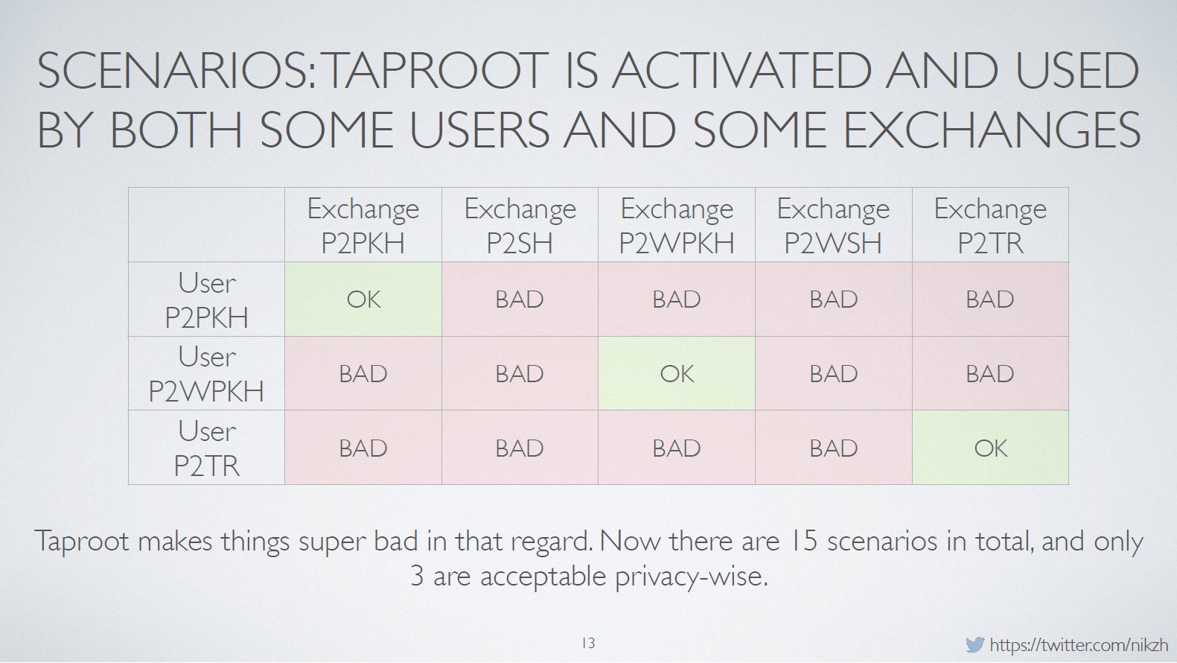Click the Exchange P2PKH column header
click(363, 226)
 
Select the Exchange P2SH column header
click(520, 226)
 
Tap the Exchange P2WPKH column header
click(677, 226)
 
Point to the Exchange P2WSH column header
click(833, 226)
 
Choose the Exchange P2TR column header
click(990, 226)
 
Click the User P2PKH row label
click(206, 299)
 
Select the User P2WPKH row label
click(206, 374)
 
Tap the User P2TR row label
click(206, 448)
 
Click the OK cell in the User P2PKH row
click(363, 299)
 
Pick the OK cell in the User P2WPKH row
click(677, 374)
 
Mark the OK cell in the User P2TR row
click(990, 448)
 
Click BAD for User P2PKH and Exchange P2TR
click(990, 299)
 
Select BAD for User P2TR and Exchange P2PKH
click(363, 448)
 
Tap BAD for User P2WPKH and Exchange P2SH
click(520, 374)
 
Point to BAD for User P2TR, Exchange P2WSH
click(833, 448)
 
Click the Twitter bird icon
click(975, 644)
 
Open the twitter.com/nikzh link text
click(1079, 645)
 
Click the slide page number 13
click(588, 643)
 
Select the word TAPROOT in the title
click(435, 70)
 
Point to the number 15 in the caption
click(803, 541)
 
